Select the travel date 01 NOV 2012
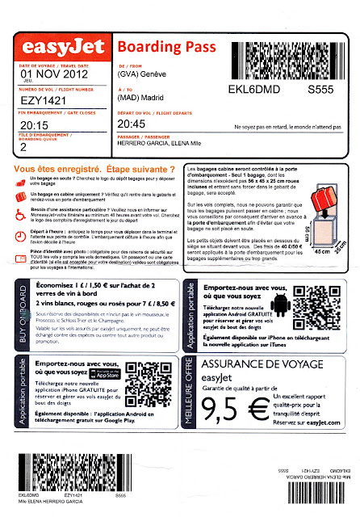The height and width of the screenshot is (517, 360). (53, 76)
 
